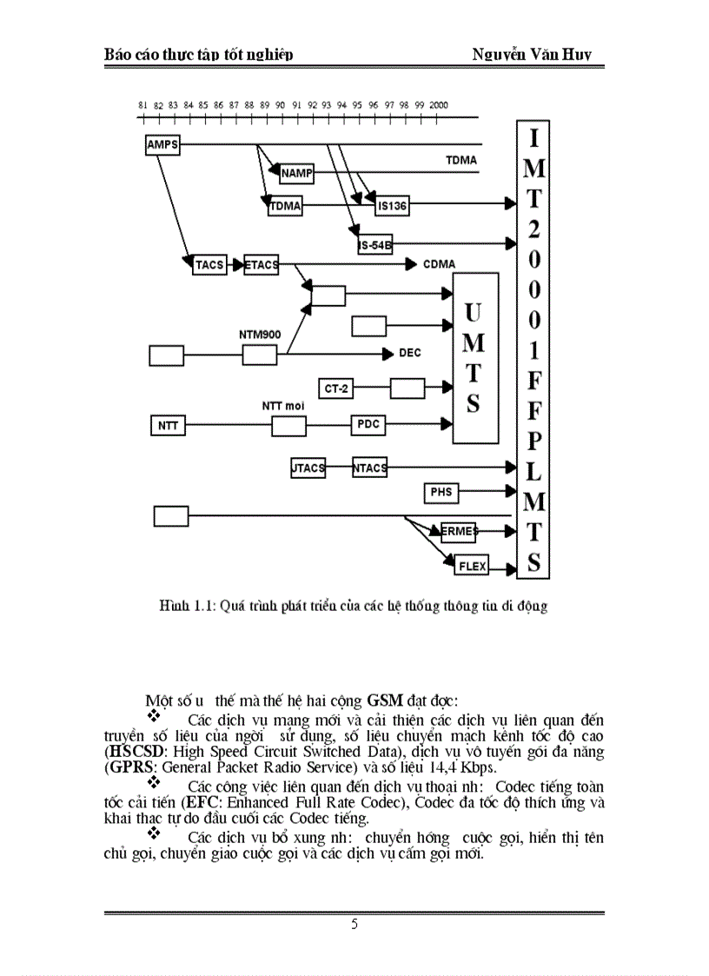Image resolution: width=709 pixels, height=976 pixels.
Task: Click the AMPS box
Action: tap(162, 144)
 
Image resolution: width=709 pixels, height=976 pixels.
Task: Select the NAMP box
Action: tap(296, 174)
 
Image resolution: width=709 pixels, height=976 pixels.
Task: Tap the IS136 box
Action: tap(392, 206)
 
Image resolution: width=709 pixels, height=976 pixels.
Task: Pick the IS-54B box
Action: tap(374, 245)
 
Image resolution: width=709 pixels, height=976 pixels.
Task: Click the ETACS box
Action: tap(262, 264)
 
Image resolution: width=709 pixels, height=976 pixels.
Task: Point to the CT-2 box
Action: tap(337, 388)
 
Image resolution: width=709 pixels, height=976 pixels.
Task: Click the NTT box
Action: tap(166, 426)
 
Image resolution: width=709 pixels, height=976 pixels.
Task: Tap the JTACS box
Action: tap(308, 468)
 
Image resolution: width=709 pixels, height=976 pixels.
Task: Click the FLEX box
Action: tap(472, 567)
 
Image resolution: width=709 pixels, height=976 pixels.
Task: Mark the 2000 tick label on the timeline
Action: tap(438, 104)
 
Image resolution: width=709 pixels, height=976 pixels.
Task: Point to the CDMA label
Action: tap(440, 263)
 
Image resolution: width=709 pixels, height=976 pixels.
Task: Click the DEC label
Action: tap(409, 353)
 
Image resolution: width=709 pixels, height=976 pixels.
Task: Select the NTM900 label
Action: tap(259, 334)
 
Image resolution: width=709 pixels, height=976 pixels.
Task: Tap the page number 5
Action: tap(354, 925)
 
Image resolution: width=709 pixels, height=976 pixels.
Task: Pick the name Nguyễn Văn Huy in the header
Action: tap(532, 55)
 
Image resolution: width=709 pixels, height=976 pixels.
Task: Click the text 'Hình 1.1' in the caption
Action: tap(181, 606)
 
